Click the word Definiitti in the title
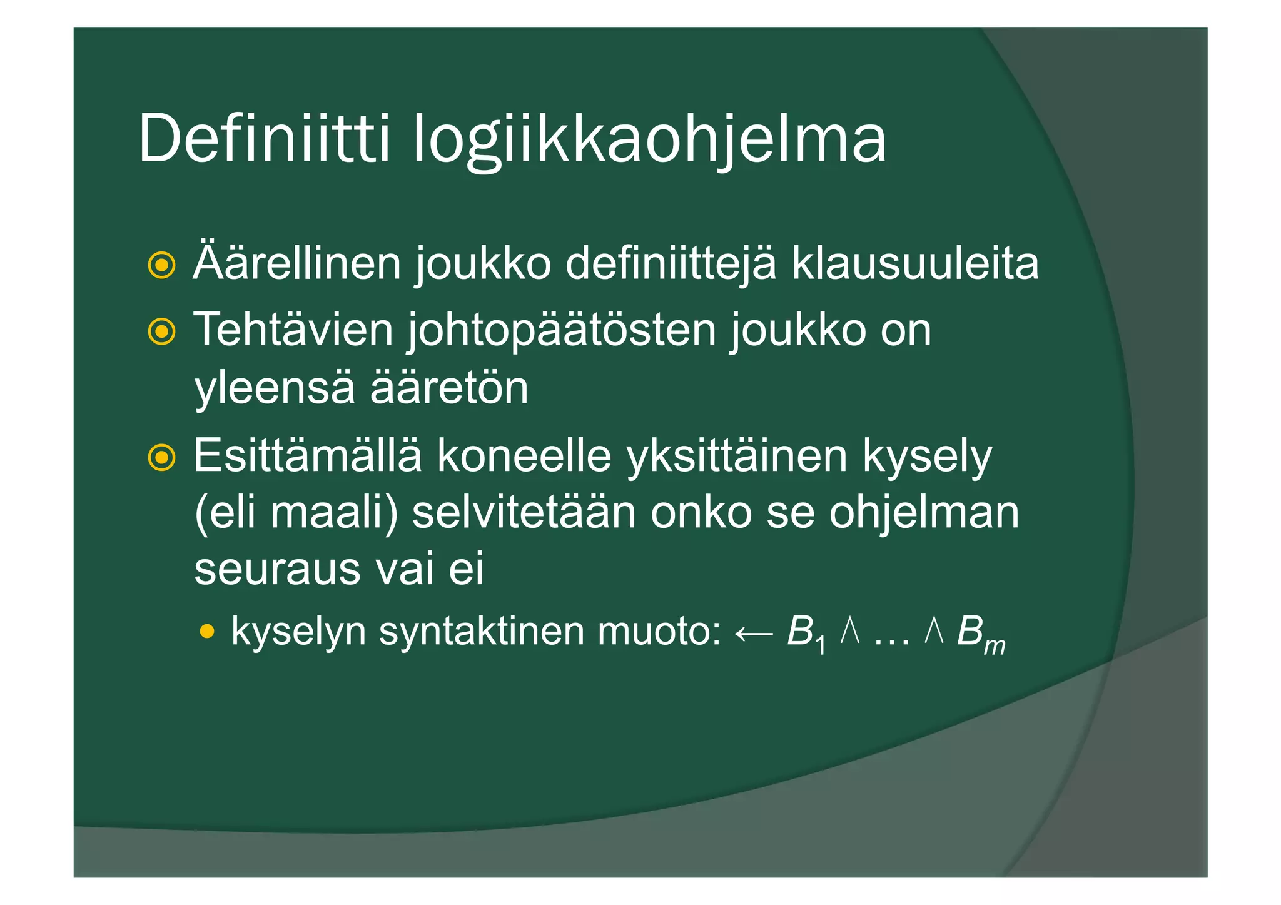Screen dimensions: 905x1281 pos(264,139)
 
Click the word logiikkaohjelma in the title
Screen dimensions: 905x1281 pos(649,141)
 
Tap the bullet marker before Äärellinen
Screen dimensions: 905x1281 pos(161,266)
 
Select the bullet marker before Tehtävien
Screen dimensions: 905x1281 pos(161,331)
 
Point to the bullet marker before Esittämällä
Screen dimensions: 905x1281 pos(161,458)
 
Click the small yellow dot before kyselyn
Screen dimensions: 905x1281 pos(207,632)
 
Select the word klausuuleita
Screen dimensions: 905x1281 pos(915,263)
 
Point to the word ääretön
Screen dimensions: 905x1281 pos(449,388)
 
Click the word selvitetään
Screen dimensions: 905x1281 pos(524,513)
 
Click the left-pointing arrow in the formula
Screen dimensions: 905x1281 pos(753,634)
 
